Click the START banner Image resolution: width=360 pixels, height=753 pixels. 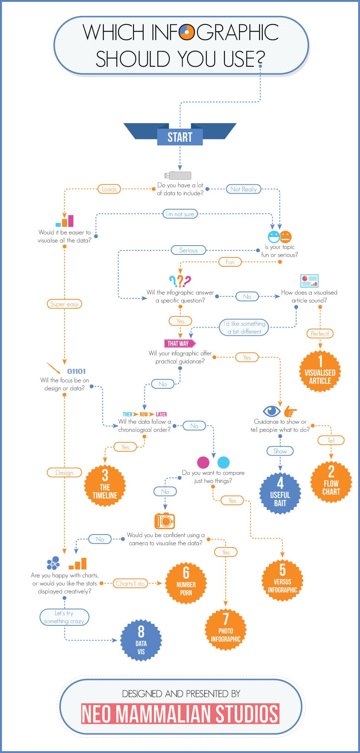click(180, 137)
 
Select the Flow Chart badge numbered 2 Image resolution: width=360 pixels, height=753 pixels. click(331, 482)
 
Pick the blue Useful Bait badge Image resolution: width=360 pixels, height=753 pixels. click(280, 493)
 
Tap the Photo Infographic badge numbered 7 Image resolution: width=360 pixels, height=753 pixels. click(226, 629)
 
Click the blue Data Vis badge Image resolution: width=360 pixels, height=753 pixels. click(141, 641)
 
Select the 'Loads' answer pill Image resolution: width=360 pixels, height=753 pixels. click(109, 189)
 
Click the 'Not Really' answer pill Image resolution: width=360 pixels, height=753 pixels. click(243, 189)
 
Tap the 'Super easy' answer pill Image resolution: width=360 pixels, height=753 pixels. click(65, 304)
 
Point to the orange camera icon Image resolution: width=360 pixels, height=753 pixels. click(164, 521)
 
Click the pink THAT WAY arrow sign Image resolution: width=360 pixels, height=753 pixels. click(180, 343)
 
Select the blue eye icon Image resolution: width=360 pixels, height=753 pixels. click(272, 411)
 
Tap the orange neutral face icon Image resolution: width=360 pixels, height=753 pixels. click(286, 236)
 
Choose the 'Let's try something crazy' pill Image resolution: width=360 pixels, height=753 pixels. click(65, 617)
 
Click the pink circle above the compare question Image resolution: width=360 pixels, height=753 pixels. click(203, 462)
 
